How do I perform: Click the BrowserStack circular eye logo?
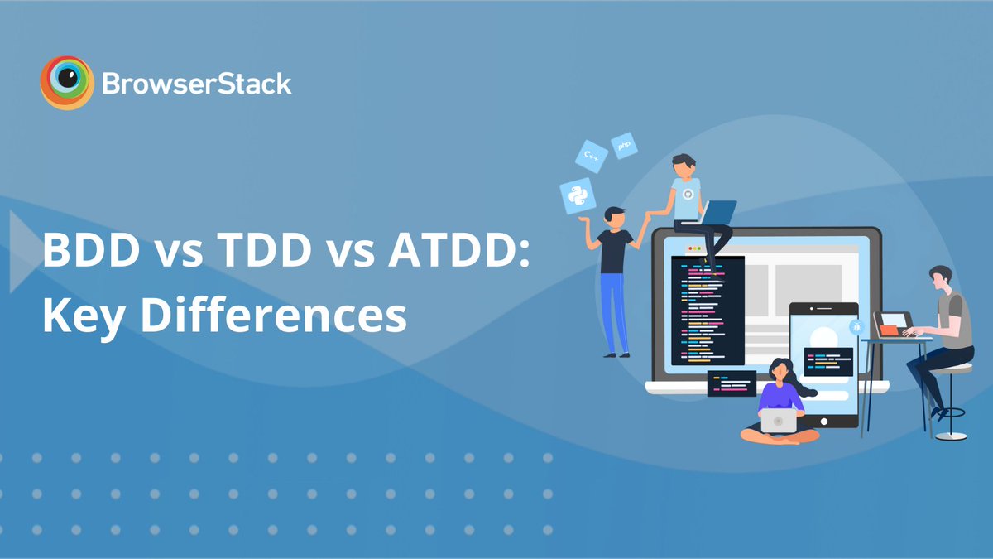click(66, 83)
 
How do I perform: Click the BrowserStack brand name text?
click(196, 84)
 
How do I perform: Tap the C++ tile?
click(592, 155)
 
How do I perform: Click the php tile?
click(624, 145)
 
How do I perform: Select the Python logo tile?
click(578, 197)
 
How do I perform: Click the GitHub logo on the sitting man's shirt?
click(687, 193)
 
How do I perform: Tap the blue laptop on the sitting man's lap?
click(717, 213)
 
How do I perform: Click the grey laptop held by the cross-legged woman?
click(778, 420)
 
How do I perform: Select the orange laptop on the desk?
click(891, 324)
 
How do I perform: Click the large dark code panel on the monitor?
click(708, 311)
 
